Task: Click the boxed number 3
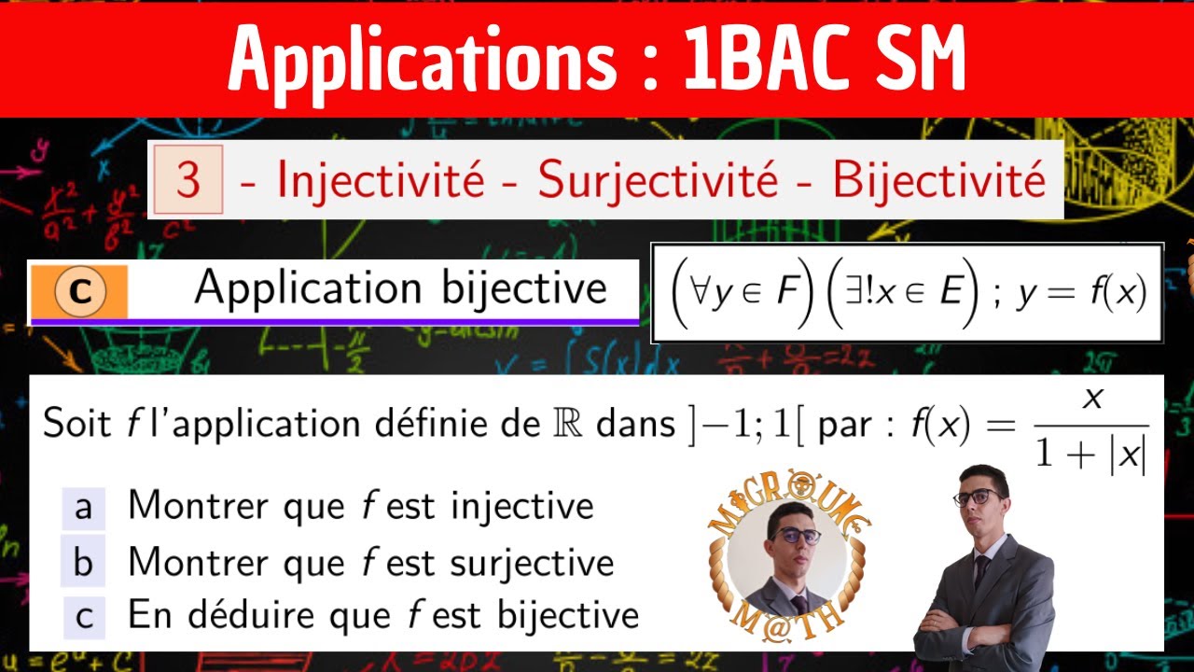(x=187, y=179)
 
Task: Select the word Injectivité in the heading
(x=381, y=180)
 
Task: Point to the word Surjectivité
(x=658, y=180)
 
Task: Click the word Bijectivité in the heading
(x=938, y=180)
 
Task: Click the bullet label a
(x=84, y=507)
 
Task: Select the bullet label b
(x=84, y=562)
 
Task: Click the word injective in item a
(x=521, y=507)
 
